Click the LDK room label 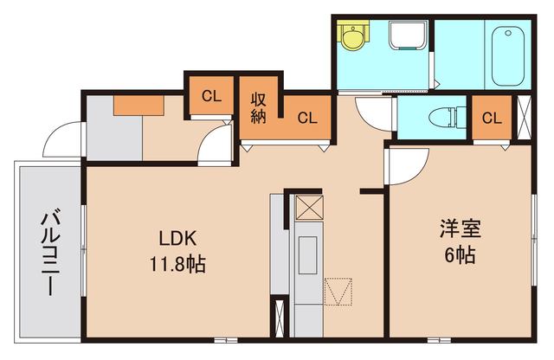point(179,238)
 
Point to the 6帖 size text point(460,256)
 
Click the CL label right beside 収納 point(307,119)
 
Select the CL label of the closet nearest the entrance point(211,96)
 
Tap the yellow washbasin point(351,38)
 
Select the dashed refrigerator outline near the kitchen point(338,291)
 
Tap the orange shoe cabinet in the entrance point(138,105)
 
